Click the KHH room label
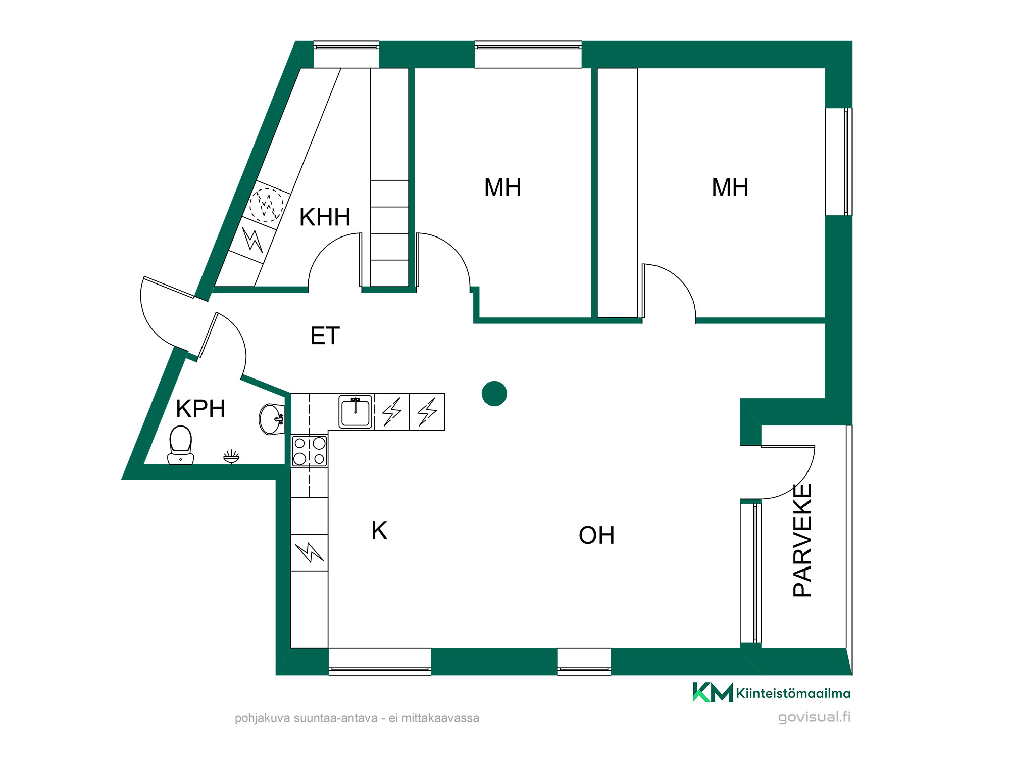[325, 217]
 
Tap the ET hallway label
[325, 336]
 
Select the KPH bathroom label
[200, 409]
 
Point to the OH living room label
[596, 535]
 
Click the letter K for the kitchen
[379, 531]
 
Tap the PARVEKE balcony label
[802, 540]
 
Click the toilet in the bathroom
[181, 445]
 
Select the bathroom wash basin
[272, 419]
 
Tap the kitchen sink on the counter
[356, 412]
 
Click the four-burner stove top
[310, 451]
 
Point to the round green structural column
[494, 393]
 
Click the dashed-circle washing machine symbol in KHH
[267, 205]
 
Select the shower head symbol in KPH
[231, 457]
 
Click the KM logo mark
[713, 692]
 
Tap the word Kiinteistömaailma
[793, 693]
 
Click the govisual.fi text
[814, 717]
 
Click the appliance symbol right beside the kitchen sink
[392, 412]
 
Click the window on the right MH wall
[839, 162]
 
